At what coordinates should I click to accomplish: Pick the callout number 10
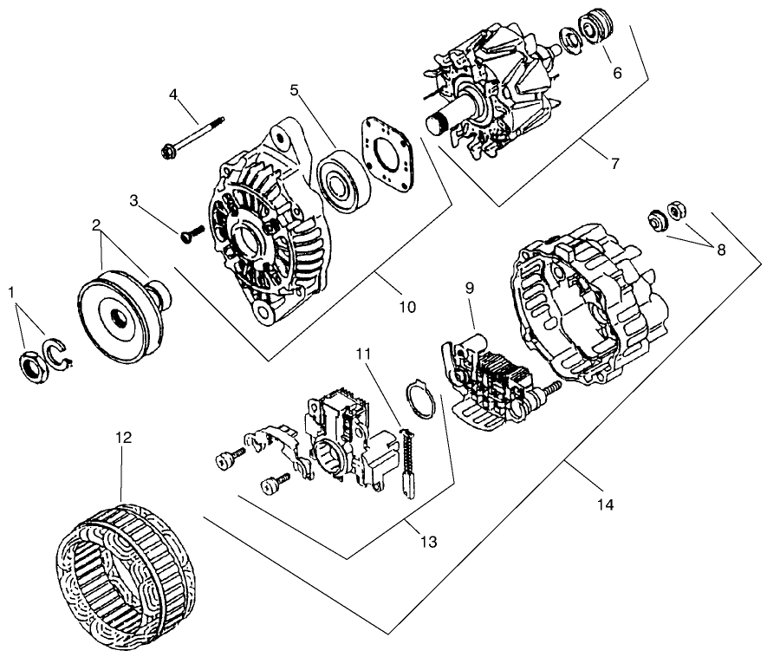point(406,306)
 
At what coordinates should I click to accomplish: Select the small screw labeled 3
point(192,232)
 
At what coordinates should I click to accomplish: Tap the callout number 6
point(617,73)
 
